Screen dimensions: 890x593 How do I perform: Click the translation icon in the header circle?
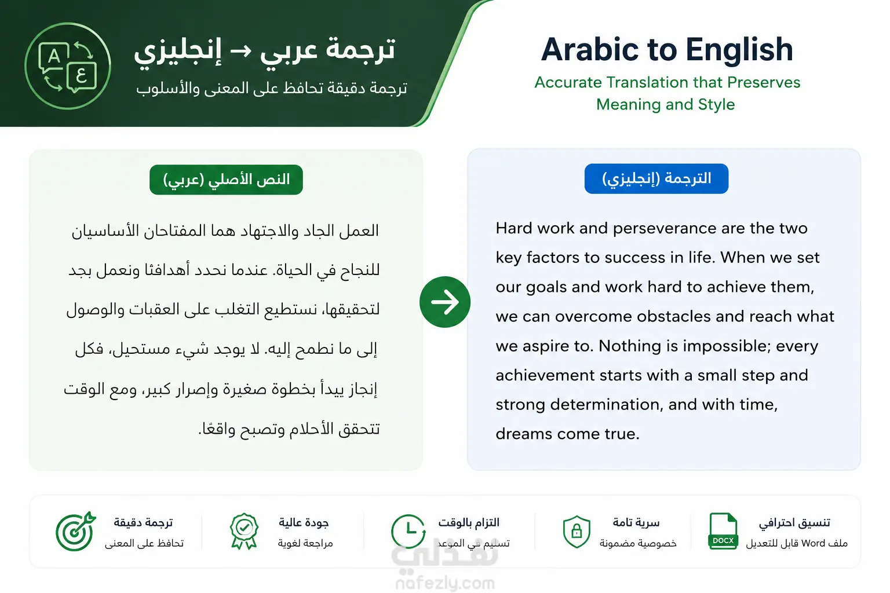pos(68,67)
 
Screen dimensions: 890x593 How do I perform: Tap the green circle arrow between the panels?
pos(444,302)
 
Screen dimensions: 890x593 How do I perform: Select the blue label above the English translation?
pos(656,179)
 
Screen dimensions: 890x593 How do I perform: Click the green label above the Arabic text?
pos(226,180)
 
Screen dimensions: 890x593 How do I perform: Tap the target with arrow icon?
pos(75,532)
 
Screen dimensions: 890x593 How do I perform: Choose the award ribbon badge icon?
pos(244,532)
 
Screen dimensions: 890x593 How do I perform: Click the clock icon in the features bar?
pos(408,532)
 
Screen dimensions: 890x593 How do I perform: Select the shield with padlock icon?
pos(577,532)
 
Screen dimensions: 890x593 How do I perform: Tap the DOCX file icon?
pos(723,532)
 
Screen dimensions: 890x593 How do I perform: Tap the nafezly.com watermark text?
pos(445,584)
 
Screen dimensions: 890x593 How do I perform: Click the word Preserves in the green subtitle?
pos(764,83)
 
